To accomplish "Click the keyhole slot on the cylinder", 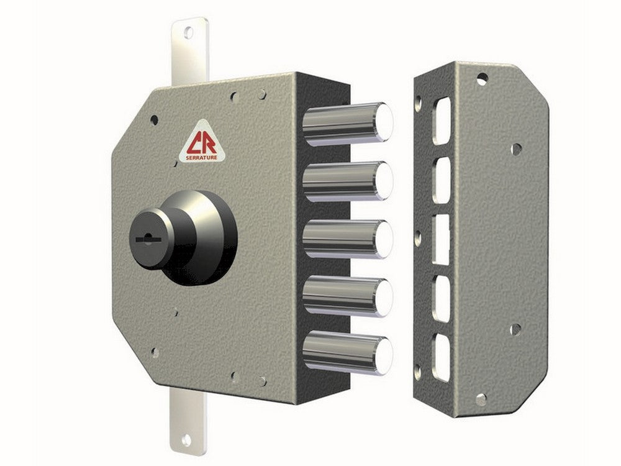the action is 148,239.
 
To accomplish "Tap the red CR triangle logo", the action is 202,142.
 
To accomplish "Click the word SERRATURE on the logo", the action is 202,158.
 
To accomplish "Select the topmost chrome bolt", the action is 347,124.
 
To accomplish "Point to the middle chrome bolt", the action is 347,239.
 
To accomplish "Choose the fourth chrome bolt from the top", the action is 347,296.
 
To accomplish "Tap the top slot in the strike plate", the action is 442,121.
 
